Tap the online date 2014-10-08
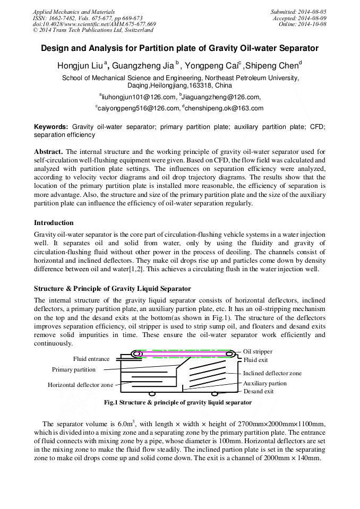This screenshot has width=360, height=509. [313, 24]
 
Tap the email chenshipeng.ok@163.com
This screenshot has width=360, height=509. [224, 108]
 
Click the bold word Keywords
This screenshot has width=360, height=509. [51, 127]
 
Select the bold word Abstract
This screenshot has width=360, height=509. [48, 151]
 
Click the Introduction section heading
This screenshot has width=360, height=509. [54, 222]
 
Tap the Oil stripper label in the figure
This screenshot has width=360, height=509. [258, 351]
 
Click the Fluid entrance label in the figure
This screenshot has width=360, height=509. [91, 359]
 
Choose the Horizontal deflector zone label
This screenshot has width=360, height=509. [80, 385]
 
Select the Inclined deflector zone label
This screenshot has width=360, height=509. [272, 373]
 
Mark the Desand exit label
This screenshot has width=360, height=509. [259, 391]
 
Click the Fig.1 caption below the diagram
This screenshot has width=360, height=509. [178, 403]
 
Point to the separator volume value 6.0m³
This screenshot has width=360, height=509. [126, 424]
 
